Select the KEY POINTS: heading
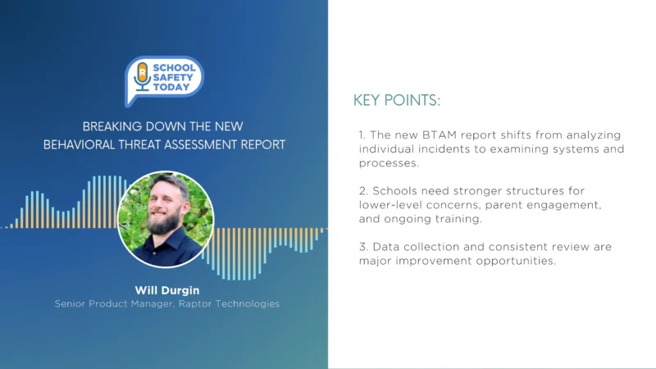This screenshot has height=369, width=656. [396, 101]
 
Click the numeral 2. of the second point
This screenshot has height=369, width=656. [362, 191]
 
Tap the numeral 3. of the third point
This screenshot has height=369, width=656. [362, 247]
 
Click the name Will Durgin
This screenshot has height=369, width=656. [166, 290]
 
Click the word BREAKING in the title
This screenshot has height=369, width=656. [112, 127]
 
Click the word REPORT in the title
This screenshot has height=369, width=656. [264, 144]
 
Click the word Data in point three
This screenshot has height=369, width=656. [385, 247]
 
